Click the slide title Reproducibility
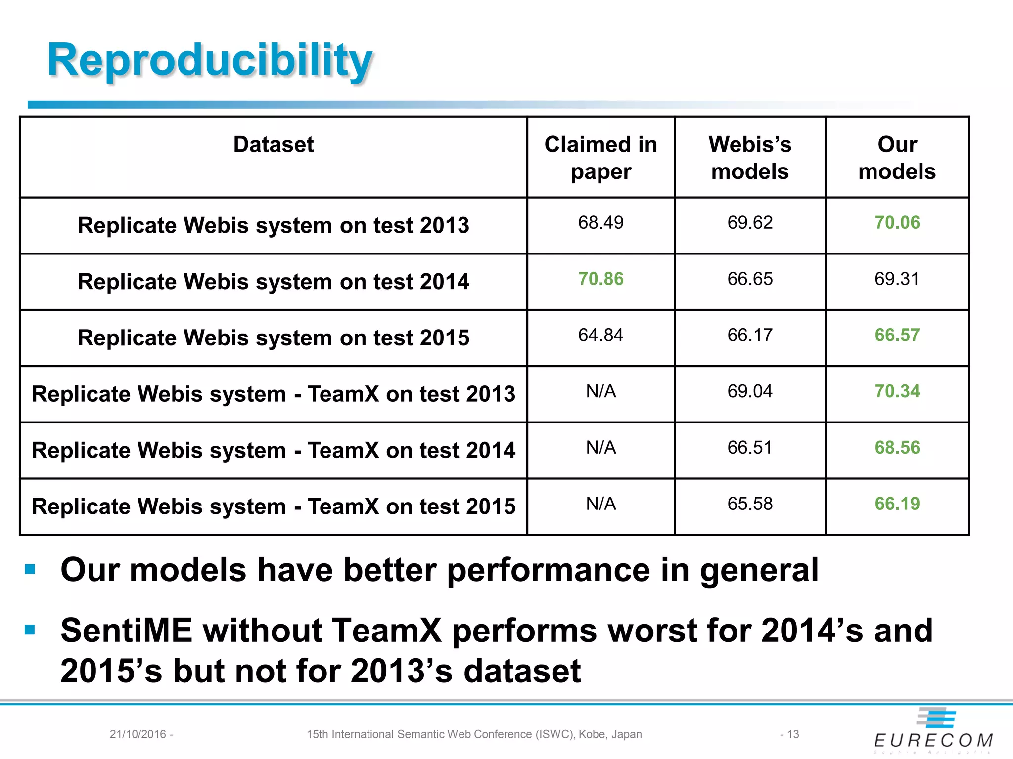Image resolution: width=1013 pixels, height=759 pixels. (x=210, y=60)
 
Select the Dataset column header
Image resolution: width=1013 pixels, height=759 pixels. (x=274, y=145)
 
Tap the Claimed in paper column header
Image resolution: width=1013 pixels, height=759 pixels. (x=600, y=158)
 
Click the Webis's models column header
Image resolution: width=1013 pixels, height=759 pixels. (x=750, y=158)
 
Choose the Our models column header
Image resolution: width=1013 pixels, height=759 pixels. (x=897, y=158)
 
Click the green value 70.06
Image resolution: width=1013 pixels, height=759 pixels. (x=897, y=223)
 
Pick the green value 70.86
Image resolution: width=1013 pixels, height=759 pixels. (x=600, y=279)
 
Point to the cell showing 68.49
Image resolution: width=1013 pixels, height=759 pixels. (x=600, y=223)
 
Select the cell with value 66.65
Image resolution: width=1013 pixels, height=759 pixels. (x=750, y=279)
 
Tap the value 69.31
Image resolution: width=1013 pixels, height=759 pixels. (x=897, y=279)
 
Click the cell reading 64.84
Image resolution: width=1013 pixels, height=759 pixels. (x=600, y=336)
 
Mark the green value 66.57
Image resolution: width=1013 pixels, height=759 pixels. (x=897, y=336)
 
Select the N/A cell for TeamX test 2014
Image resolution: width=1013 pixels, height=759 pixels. (x=600, y=448)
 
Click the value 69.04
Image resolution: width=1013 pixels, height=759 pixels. (x=750, y=392)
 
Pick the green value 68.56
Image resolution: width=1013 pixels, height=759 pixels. (x=897, y=448)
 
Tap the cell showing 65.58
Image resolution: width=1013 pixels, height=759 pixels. (x=750, y=504)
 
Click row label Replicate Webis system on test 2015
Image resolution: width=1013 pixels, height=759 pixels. (x=274, y=338)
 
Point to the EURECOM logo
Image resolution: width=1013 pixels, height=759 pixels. (x=933, y=731)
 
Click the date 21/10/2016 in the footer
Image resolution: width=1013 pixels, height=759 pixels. (x=138, y=734)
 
